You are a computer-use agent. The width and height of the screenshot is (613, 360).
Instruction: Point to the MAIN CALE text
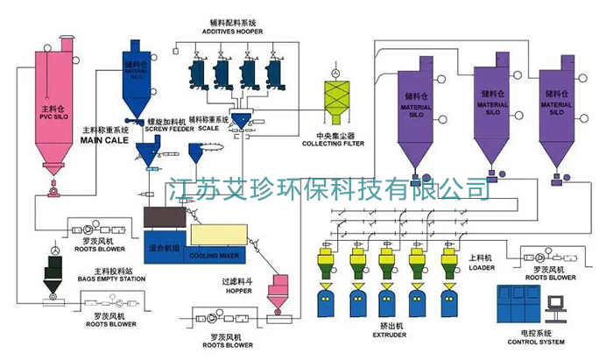tap(104, 139)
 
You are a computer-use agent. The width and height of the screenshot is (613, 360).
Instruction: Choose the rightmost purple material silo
tap(558, 114)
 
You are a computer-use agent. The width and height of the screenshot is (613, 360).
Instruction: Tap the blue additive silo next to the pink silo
tap(137, 74)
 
